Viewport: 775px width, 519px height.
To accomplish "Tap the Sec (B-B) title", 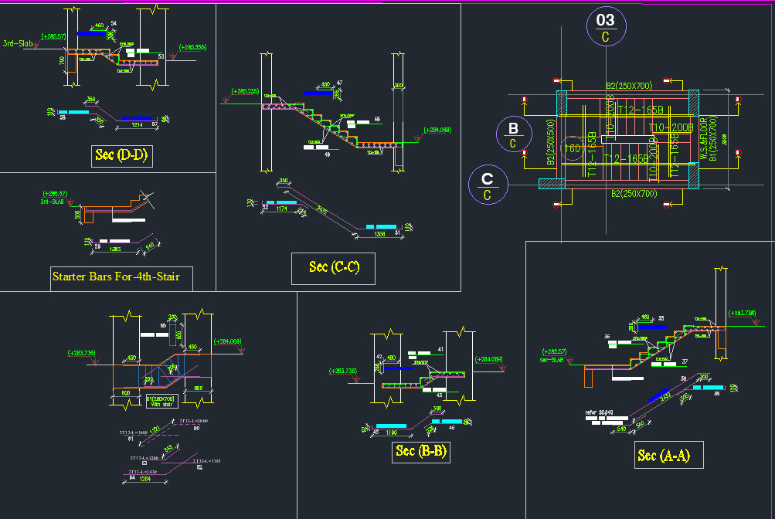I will click(420, 451).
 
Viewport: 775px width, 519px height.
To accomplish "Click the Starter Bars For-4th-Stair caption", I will click(121, 276).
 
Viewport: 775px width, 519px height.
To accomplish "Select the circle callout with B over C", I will click(513, 134).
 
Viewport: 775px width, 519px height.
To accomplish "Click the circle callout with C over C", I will click(488, 187).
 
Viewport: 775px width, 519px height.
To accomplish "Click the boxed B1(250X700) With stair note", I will click(161, 400).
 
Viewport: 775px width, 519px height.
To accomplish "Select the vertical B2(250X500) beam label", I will click(551, 143).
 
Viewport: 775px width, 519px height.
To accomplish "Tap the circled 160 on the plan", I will click(573, 148).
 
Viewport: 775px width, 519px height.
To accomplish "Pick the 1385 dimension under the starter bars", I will click(114, 249).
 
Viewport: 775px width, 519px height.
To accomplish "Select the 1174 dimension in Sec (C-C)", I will click(280, 209).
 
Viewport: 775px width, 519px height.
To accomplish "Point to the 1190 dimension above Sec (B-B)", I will click(391, 433).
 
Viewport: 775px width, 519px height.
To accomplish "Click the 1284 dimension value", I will click(144, 479).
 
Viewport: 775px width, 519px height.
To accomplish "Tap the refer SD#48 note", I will click(599, 413).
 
